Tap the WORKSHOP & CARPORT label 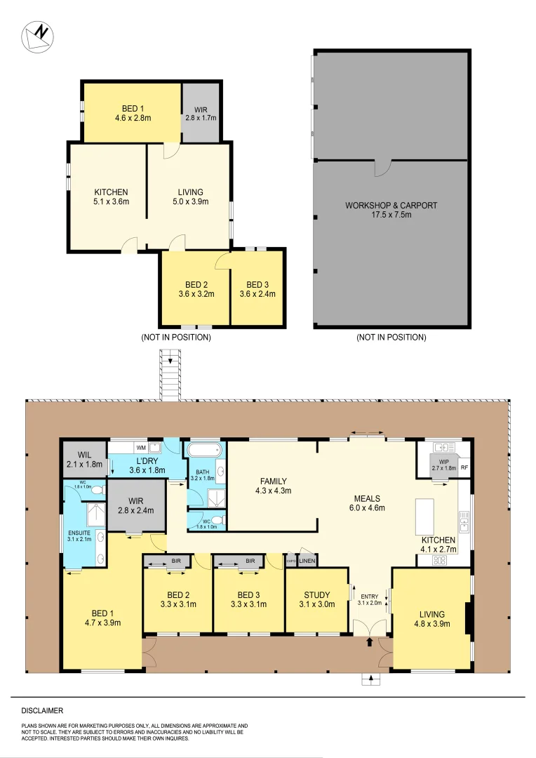tap(391, 210)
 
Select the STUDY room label tap(317, 599)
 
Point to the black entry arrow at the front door tap(370, 641)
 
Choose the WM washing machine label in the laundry tap(141, 447)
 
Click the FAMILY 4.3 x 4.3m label tap(273, 486)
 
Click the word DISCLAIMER tap(42, 710)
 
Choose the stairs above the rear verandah tap(169, 377)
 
